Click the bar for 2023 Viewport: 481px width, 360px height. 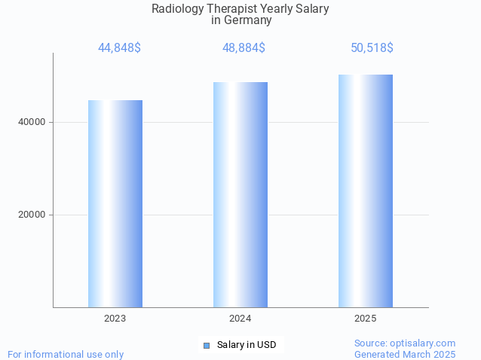point(115,203)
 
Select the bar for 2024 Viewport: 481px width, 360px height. point(240,194)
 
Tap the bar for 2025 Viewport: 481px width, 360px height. point(366,191)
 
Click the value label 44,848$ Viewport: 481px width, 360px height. point(119,48)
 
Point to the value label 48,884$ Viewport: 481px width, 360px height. point(244,48)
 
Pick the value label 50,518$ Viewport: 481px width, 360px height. point(372,48)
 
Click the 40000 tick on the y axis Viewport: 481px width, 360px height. point(32,122)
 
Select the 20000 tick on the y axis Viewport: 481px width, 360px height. point(32,215)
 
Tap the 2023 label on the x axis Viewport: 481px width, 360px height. point(115,319)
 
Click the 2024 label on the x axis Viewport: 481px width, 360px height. point(240,319)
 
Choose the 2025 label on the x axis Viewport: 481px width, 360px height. point(366,319)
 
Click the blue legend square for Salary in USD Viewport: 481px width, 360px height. point(206,346)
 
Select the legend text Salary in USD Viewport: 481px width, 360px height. point(247,345)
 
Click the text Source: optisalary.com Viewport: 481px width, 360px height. point(405,343)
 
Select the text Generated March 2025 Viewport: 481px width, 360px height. point(405,354)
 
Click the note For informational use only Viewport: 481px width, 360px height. point(66,354)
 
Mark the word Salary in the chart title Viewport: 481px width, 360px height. point(311,9)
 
